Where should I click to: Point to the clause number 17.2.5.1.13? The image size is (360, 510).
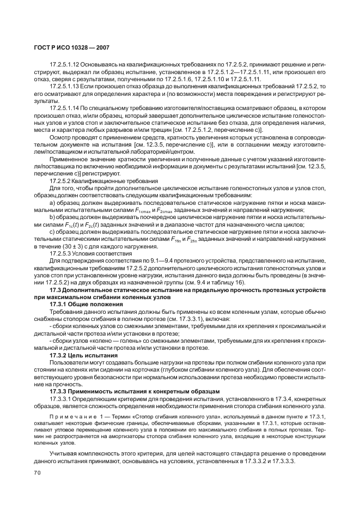point(65,87)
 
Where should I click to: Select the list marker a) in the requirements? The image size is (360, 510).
point(52,202)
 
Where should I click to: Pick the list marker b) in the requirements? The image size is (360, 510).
point(52,216)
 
